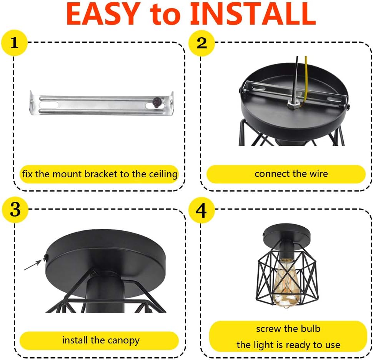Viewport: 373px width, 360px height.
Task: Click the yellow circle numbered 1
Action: coord(14,43)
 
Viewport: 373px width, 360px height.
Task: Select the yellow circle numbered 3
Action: coord(15,210)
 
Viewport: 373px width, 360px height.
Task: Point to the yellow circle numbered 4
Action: coord(201,210)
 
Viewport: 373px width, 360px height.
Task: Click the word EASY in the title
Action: coord(103,14)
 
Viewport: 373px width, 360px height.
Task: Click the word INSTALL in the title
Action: coord(253,14)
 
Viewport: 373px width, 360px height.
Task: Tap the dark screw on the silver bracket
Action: coord(157,103)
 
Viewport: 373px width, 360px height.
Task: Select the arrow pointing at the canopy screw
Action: coord(33,265)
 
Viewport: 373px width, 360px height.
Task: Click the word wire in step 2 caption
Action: coord(319,174)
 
